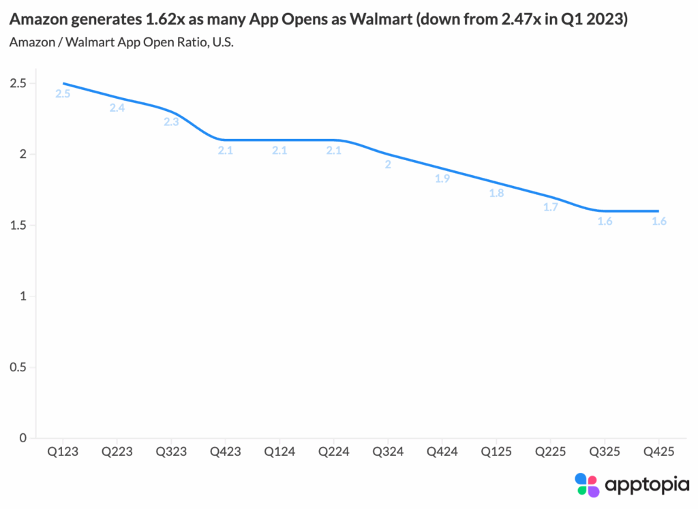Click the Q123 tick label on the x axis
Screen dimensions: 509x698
tap(62, 451)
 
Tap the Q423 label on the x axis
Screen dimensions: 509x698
tap(225, 451)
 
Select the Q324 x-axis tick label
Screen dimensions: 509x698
tap(388, 451)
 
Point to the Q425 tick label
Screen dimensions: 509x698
tap(658, 451)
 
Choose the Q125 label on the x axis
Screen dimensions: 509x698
tap(496, 451)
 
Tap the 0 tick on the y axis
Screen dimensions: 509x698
tap(23, 438)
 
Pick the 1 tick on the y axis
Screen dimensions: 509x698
tap(23, 296)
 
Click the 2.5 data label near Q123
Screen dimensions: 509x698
tap(63, 93)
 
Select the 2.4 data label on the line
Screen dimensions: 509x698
tap(117, 108)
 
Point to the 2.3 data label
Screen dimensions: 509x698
tap(170, 122)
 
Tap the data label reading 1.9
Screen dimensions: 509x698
tap(442, 179)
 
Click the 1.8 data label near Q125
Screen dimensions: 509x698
tap(496, 193)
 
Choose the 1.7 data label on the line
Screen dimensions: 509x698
tap(550, 207)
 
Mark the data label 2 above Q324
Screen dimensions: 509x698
tap(388, 164)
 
